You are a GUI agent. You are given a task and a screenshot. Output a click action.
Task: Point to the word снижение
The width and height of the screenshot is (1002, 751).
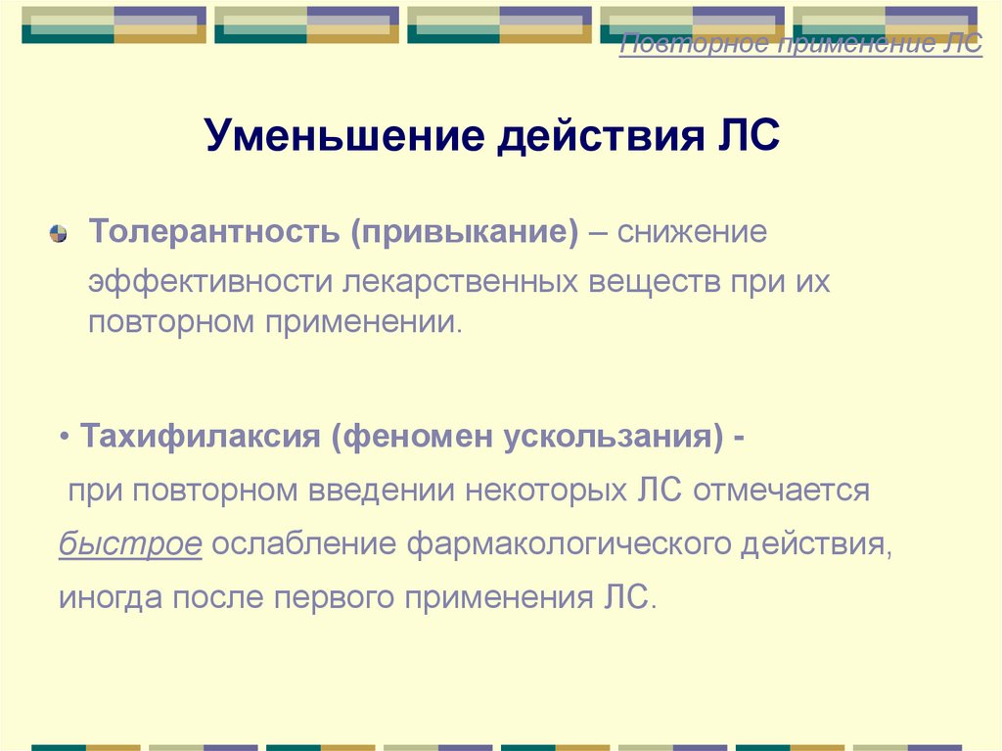pyautogui.click(x=692, y=234)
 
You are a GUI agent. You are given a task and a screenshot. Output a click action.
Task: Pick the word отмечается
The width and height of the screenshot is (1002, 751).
pyautogui.click(x=781, y=490)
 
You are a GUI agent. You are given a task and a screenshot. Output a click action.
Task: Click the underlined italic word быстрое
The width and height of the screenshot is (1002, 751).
pyautogui.click(x=130, y=543)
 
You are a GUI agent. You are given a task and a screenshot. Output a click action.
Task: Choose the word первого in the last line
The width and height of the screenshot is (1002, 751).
pyautogui.click(x=317, y=596)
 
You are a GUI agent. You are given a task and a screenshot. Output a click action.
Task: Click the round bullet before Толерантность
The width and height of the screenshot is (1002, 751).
pyautogui.click(x=58, y=234)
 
